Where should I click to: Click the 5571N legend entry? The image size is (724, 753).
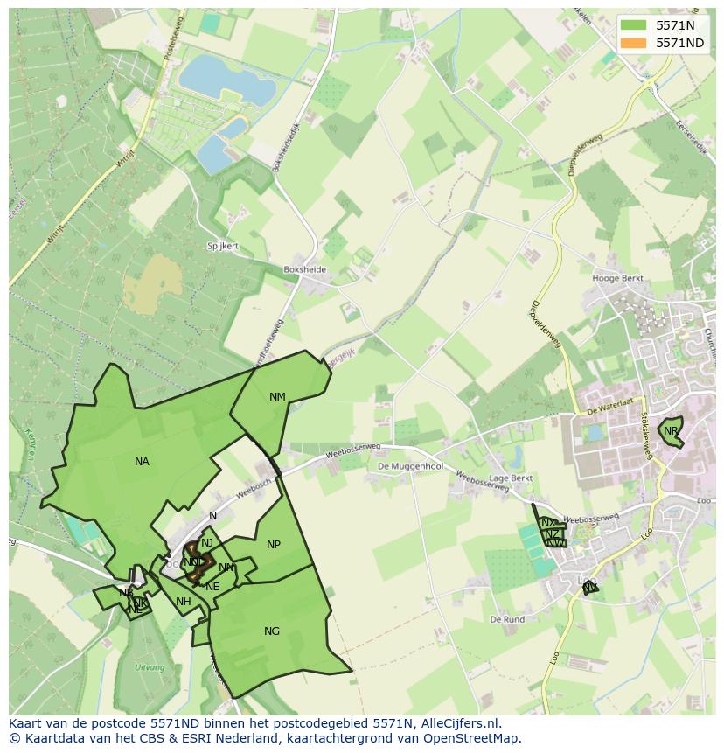click(x=674, y=25)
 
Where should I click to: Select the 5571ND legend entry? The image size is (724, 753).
click(x=679, y=43)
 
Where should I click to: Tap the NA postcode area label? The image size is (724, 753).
click(x=142, y=462)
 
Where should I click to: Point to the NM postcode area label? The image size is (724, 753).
click(x=277, y=397)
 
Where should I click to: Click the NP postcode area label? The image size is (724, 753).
click(x=274, y=545)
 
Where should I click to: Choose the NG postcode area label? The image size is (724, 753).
click(x=272, y=631)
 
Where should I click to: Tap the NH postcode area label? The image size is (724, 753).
click(x=183, y=602)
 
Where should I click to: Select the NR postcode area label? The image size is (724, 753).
click(x=671, y=431)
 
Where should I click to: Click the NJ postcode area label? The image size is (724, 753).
click(x=207, y=543)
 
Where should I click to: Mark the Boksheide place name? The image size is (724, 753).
click(x=304, y=270)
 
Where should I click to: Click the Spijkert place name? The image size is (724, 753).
click(x=223, y=247)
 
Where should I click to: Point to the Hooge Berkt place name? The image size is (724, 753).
click(x=617, y=279)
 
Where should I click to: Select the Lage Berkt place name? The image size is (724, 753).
click(x=511, y=478)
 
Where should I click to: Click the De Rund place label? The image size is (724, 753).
click(x=507, y=619)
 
